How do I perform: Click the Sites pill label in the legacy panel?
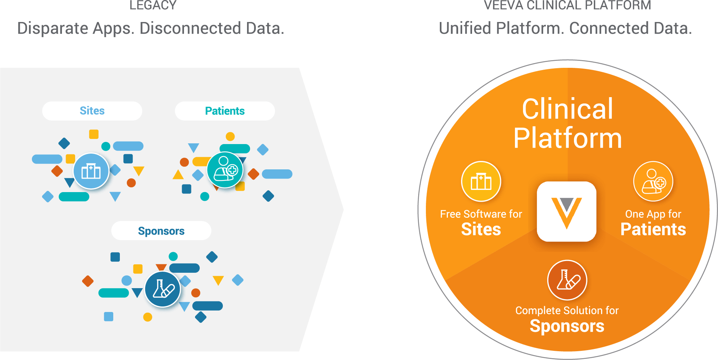pos(92,111)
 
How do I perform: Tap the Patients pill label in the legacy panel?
pos(225,111)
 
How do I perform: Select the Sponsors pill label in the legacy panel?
pos(161,231)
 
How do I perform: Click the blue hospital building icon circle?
pos(91,171)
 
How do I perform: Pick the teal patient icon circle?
pos(225,170)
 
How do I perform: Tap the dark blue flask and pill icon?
pos(163,289)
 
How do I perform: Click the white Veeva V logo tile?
pos(567,212)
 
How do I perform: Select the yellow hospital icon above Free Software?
pos(481,181)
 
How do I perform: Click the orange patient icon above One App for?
pos(653,181)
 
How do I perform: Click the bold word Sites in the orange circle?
pos(481,229)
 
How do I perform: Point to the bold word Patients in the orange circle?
pos(653,229)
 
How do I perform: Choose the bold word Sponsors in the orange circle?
pos(567,326)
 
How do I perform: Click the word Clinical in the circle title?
pos(567,109)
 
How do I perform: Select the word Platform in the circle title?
pos(567,138)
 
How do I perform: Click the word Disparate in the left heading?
pos(53,29)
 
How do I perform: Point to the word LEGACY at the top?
pos(153,5)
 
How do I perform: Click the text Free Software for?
pos(481,214)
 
